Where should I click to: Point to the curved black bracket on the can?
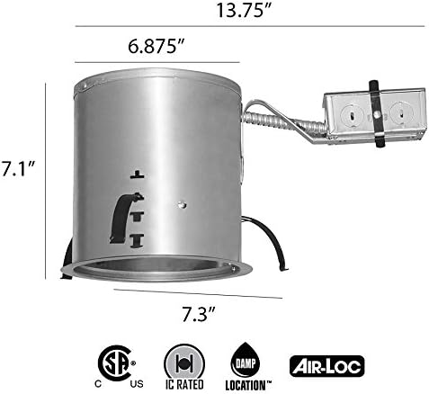pos(119,216)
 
